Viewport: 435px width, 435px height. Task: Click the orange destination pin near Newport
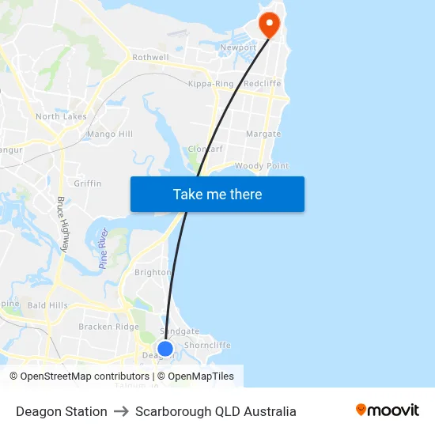(x=270, y=24)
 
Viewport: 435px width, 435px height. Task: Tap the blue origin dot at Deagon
(x=165, y=348)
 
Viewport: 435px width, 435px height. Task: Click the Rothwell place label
(x=150, y=58)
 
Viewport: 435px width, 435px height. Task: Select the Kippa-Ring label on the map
(x=211, y=84)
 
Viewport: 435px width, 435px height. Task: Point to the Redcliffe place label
(x=262, y=84)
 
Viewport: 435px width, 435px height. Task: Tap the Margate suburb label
(x=263, y=134)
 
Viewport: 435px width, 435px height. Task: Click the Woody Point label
(x=261, y=166)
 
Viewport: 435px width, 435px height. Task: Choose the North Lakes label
(x=61, y=117)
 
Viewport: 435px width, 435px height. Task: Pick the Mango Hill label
(x=110, y=134)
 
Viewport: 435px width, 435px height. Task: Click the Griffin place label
(x=88, y=183)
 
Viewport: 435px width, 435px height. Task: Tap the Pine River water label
(x=103, y=249)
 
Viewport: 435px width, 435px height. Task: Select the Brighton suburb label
(x=153, y=272)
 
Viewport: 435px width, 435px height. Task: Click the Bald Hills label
(x=47, y=305)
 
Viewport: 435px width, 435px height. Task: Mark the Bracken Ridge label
(x=108, y=327)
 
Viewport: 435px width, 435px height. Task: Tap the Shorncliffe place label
(x=207, y=346)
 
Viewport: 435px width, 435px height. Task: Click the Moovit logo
(x=388, y=410)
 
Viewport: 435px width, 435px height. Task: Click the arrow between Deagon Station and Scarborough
(x=121, y=411)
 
